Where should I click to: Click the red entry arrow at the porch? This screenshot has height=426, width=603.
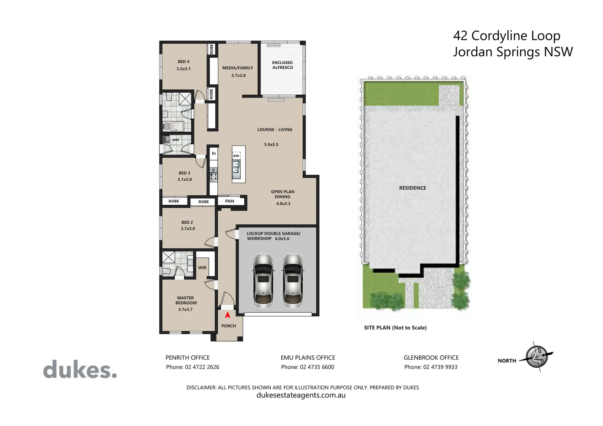tap(227, 315)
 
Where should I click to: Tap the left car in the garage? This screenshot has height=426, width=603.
tap(263, 281)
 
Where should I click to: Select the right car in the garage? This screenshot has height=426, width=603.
tap(292, 281)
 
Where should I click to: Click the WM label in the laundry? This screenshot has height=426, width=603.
tap(176, 140)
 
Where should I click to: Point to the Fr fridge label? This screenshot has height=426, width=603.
tap(214, 154)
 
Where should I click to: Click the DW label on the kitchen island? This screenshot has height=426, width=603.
tap(236, 156)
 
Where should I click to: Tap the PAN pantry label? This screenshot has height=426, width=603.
tap(230, 201)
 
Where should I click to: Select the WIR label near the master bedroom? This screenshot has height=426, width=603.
tap(202, 268)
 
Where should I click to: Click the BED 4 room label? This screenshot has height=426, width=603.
tap(184, 62)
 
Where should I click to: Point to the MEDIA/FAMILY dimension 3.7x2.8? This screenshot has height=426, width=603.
tap(238, 75)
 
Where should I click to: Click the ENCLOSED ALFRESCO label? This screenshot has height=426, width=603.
tap(283, 65)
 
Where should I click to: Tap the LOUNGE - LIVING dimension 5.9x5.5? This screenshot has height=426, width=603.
tap(271, 145)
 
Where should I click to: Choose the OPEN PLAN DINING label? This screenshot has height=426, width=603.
tap(283, 194)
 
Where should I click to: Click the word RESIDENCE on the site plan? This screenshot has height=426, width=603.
tap(412, 188)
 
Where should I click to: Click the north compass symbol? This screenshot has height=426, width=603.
tap(537, 357)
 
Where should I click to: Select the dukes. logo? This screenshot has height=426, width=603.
tap(80, 369)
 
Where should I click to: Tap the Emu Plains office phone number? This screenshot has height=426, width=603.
tap(307, 367)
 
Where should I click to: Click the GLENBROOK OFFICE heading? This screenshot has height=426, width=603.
tap(431, 358)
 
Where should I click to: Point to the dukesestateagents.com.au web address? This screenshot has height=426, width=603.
tap(301, 395)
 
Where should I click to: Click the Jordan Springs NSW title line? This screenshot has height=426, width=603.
tap(513, 52)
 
